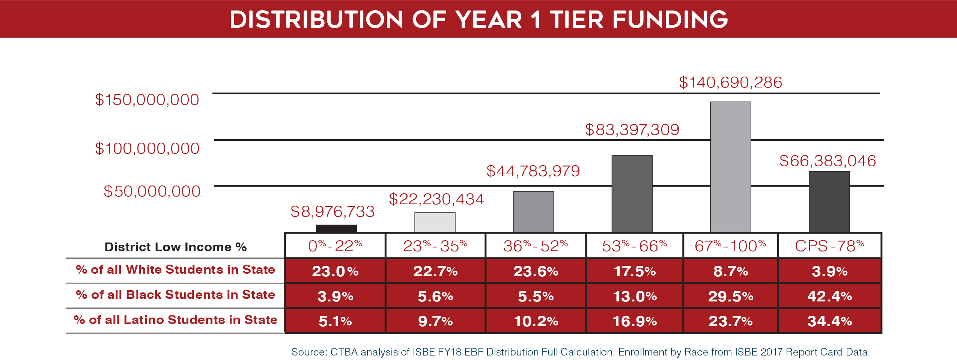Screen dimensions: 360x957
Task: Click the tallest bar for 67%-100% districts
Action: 730,167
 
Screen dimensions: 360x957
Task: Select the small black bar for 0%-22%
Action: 336,228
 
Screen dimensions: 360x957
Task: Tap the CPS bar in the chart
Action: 829,202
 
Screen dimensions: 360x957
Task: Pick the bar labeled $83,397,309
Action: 632,194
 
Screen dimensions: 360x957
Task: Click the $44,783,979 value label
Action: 533,171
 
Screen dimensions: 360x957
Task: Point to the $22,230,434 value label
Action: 436,199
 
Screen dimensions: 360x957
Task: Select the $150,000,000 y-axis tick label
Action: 147,100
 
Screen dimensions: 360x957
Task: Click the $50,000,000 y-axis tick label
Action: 152,191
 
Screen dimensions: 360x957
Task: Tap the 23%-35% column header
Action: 435,246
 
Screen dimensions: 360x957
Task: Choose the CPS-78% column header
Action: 829,246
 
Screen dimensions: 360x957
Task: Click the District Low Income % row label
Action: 175,247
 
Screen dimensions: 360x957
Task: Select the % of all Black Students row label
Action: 175,295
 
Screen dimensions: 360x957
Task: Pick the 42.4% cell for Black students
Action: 829,296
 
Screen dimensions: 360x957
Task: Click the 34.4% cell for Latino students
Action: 829,321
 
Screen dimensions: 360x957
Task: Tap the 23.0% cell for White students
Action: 335,271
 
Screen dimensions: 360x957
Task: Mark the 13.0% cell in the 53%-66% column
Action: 635,296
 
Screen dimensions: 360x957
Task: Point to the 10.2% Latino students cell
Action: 536,321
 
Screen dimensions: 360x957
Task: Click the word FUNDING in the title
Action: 670,20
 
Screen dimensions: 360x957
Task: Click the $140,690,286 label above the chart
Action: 730,83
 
